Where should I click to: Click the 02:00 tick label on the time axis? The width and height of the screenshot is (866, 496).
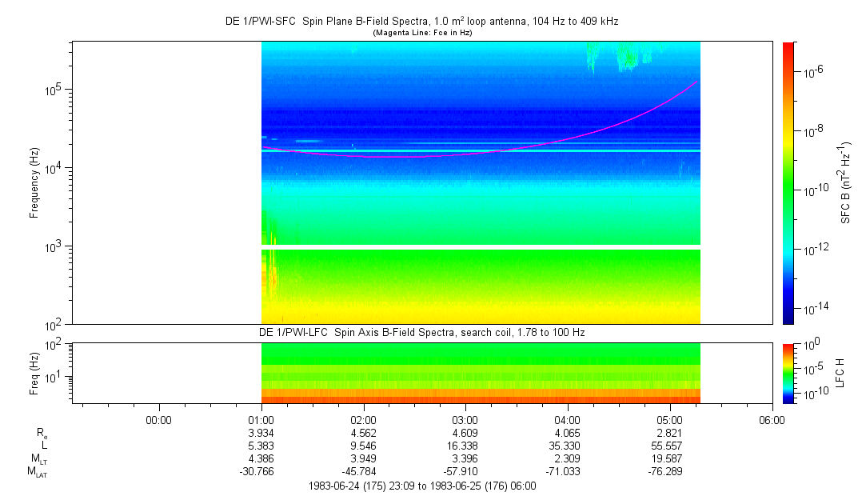pos(363,419)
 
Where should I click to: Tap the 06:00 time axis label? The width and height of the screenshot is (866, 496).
pos(771,419)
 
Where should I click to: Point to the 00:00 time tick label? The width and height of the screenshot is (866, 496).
pos(159,419)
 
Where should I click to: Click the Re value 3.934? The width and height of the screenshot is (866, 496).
pos(261,433)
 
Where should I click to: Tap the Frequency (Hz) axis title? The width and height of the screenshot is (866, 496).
pos(34,183)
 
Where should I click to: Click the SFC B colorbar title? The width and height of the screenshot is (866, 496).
pos(846,183)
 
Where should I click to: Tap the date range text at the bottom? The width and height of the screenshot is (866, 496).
pos(421,486)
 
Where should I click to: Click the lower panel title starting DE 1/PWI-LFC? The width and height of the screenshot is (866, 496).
pos(421,332)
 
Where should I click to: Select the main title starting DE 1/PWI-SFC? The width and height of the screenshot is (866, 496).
pos(421,21)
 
